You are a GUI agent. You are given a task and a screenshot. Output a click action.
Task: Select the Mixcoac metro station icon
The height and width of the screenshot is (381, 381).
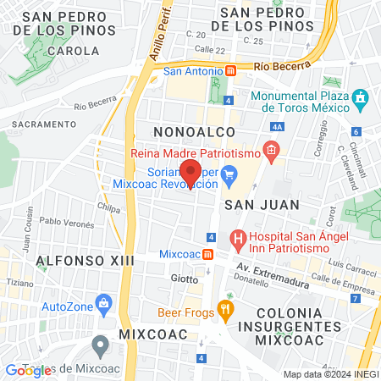208,253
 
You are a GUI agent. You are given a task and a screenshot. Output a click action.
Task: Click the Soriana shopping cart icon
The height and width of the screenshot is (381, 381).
229,177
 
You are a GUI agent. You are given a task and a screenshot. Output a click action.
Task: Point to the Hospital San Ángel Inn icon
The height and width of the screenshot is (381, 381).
238,239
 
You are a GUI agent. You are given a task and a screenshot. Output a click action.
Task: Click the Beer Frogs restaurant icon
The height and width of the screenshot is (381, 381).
224,309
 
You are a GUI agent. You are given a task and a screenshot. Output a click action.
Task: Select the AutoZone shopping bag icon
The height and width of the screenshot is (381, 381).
103,302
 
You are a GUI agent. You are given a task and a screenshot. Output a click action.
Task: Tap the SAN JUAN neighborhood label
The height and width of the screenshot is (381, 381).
251,205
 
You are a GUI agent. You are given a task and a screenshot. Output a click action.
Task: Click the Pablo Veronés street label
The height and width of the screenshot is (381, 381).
65,222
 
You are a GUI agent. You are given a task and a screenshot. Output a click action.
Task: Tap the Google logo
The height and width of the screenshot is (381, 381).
28,370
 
